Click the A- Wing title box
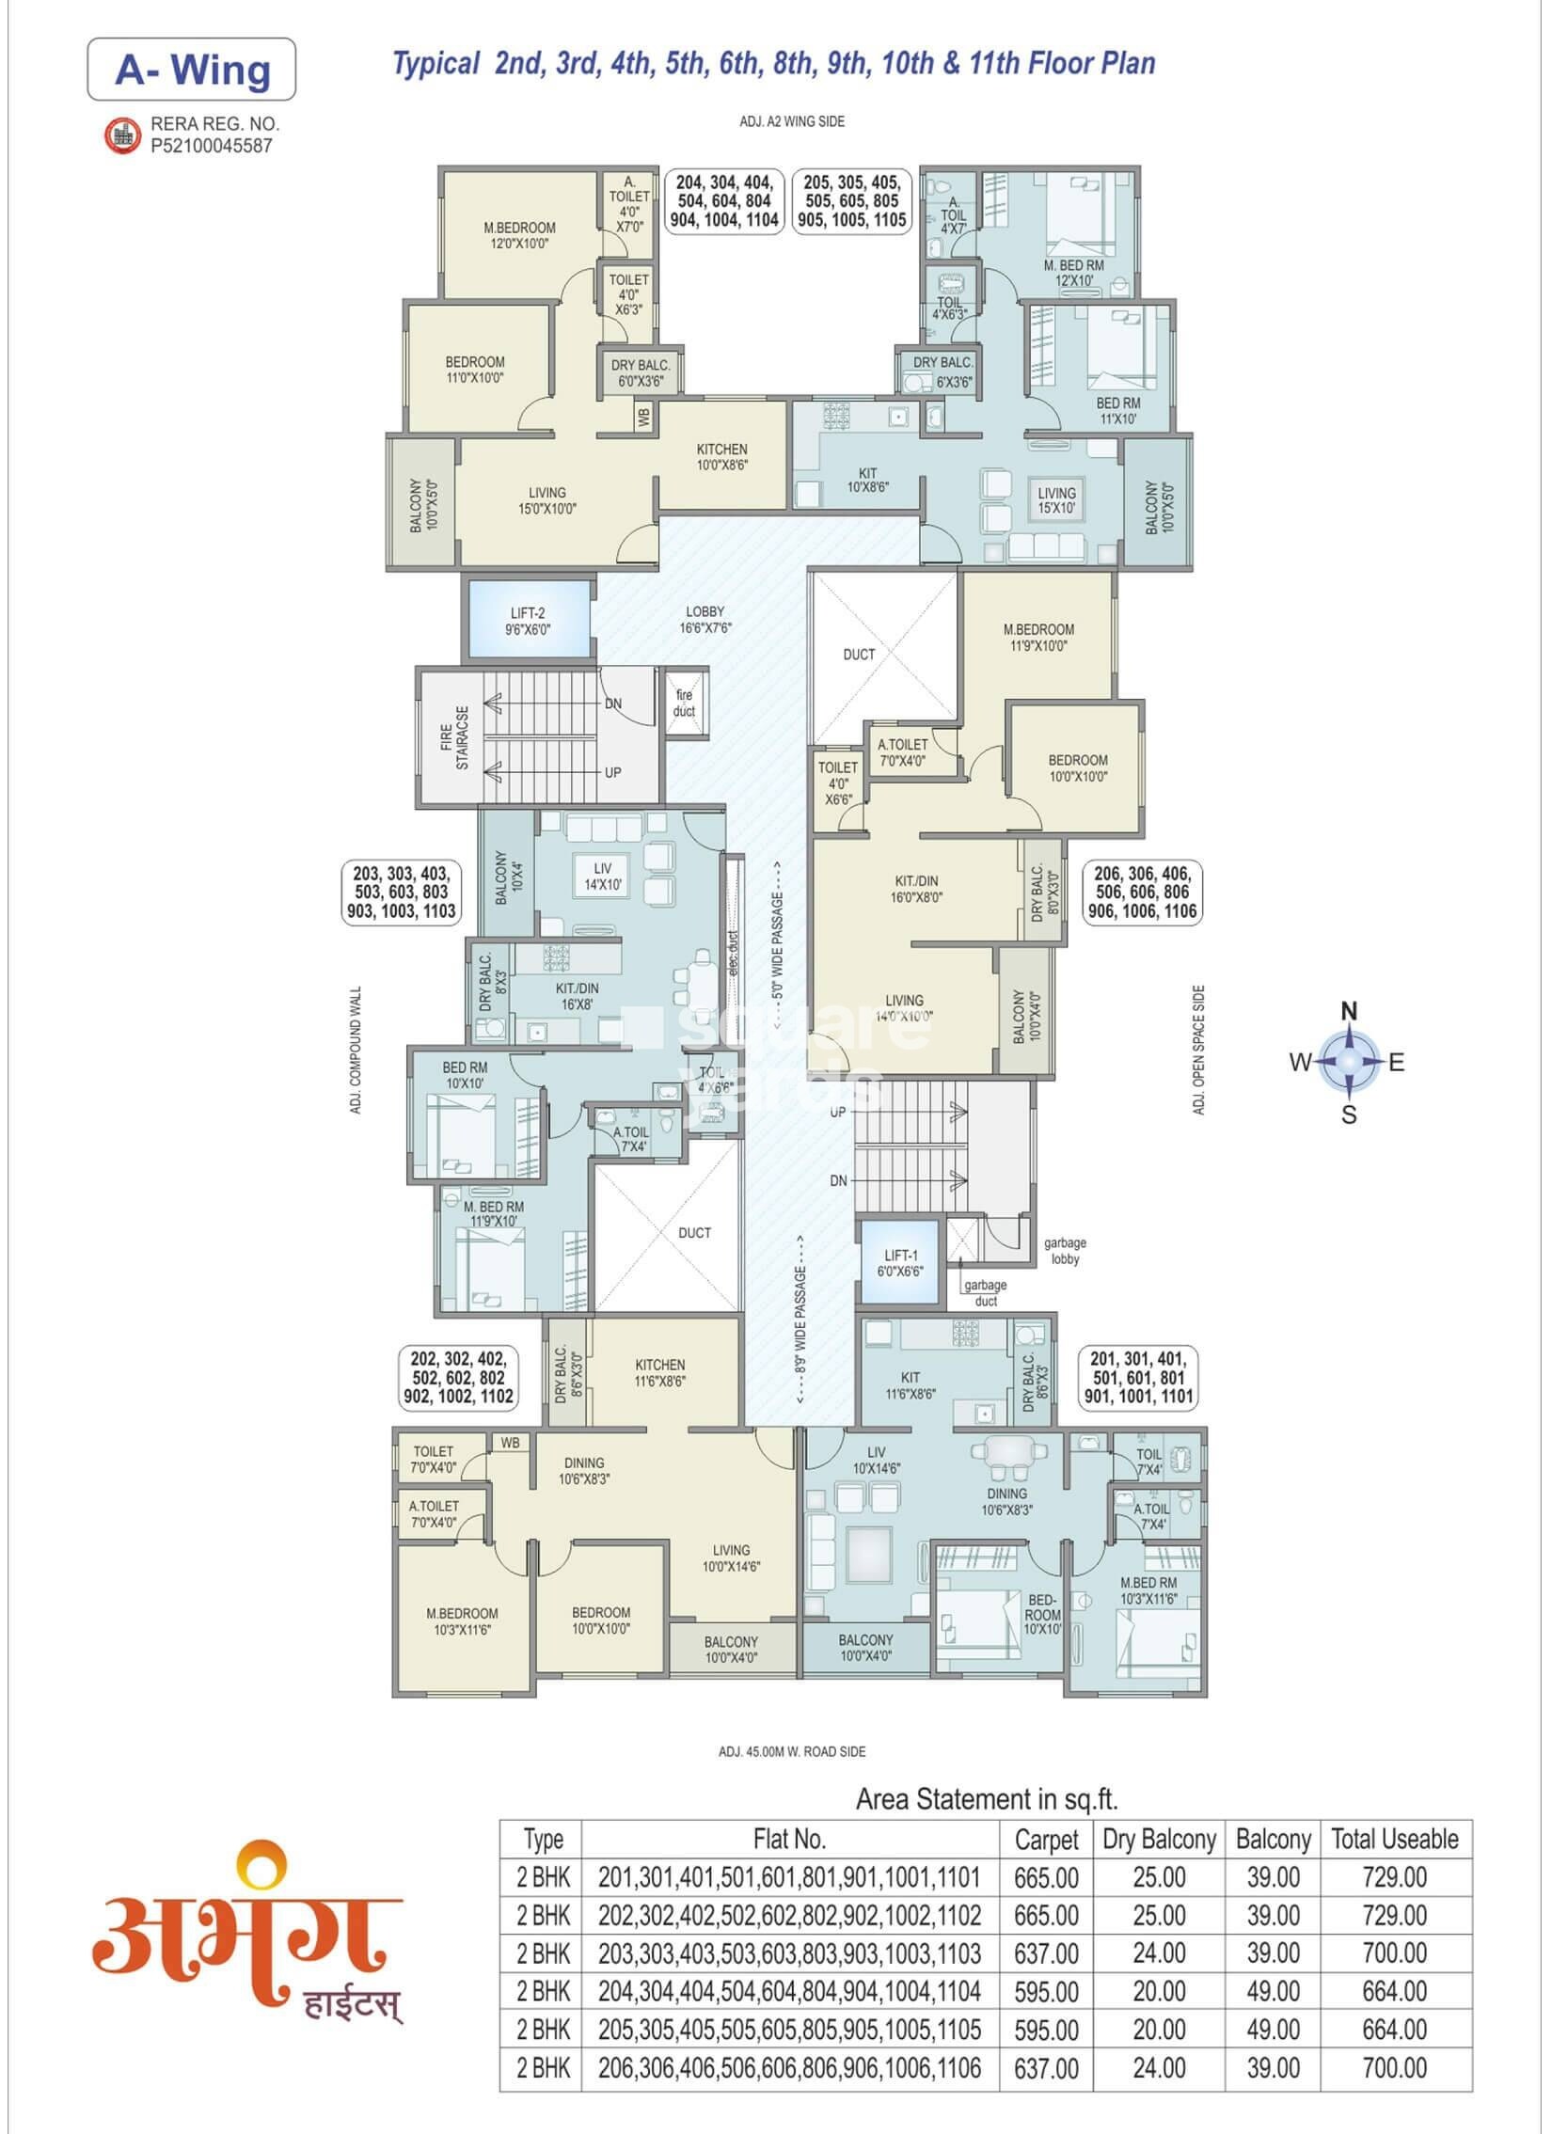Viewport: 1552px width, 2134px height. coord(191,70)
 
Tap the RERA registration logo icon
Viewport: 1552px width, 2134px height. coord(121,135)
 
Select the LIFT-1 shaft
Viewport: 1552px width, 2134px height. coord(900,1262)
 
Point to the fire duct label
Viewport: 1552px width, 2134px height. coord(684,703)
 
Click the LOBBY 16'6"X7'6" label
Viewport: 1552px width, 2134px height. coord(705,620)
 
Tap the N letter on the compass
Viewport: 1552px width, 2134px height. coord(1349,1011)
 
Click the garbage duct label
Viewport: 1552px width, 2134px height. coord(986,1293)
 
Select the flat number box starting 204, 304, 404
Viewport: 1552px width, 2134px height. coord(723,201)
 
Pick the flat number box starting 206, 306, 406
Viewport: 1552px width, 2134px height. coord(1142,892)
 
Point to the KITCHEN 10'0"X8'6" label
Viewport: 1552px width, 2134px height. coord(721,457)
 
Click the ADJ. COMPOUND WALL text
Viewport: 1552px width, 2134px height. coord(356,1050)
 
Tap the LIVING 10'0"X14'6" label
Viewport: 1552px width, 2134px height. coord(731,1558)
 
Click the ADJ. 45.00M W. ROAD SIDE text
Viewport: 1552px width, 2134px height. coord(792,1752)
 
